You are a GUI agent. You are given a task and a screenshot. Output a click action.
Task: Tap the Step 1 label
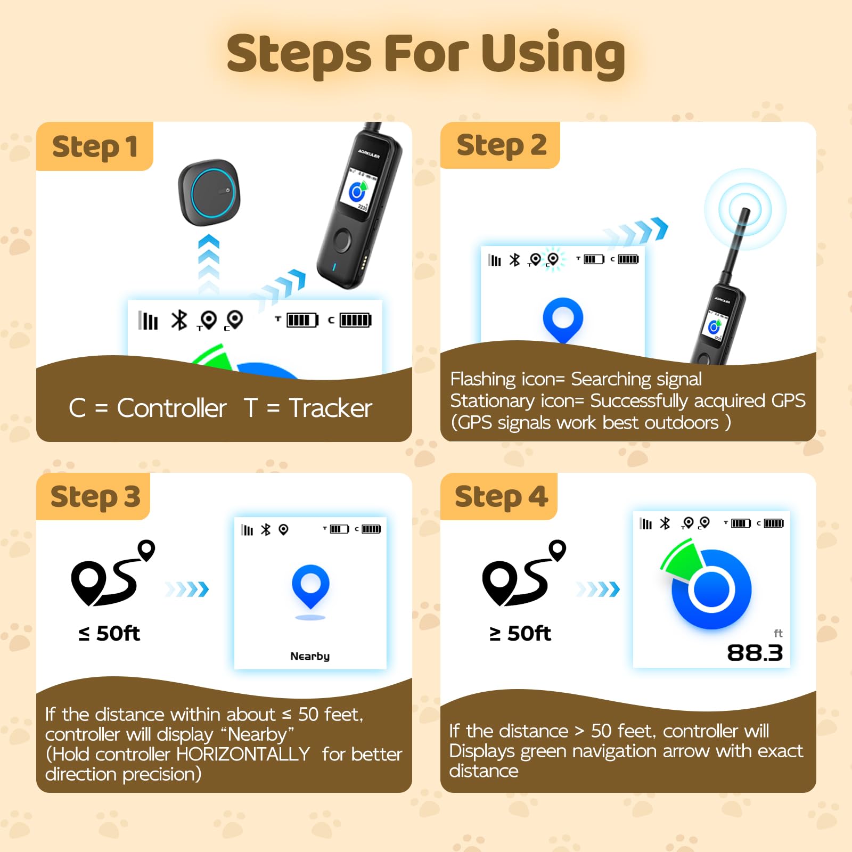[95, 147]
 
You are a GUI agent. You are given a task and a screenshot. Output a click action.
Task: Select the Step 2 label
[501, 145]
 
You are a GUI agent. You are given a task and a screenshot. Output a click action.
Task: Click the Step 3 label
[95, 497]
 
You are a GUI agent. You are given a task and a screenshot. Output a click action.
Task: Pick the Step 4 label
[501, 497]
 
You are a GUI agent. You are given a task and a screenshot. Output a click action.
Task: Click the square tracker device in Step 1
[209, 191]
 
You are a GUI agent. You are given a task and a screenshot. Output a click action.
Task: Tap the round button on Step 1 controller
[342, 240]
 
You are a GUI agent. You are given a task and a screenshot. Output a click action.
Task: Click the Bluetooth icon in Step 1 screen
[179, 320]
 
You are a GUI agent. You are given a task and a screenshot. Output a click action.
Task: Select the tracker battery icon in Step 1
[301, 320]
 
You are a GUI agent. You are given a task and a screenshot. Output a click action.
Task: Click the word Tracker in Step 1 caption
[330, 408]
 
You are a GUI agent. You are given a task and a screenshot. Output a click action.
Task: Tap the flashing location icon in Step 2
[553, 259]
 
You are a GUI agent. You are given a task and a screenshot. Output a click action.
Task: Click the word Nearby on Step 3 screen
[310, 656]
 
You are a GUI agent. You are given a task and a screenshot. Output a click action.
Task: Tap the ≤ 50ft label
[109, 633]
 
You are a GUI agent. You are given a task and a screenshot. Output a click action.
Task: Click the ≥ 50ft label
[520, 633]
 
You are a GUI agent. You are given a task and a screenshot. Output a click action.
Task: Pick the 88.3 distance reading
[755, 653]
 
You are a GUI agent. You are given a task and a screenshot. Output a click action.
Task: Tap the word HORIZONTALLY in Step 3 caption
[243, 754]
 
